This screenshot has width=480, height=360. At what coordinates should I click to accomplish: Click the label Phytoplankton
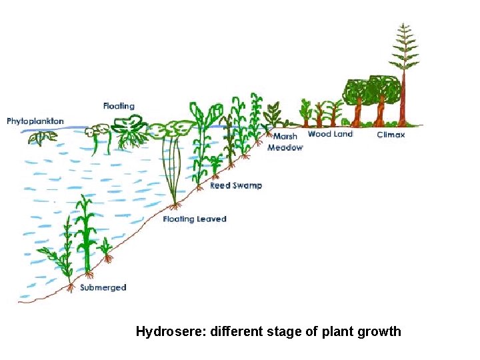click(35, 121)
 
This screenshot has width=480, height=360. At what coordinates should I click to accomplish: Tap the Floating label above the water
click(119, 106)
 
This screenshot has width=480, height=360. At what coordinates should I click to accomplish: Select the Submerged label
click(103, 287)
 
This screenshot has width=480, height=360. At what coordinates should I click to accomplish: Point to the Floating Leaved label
click(195, 219)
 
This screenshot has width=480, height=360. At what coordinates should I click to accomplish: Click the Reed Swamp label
click(236, 185)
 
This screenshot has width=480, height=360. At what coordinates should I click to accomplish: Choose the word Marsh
click(285, 137)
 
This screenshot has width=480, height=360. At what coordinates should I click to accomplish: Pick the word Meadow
click(285, 147)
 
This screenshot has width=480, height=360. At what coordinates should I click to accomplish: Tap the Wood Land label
click(330, 134)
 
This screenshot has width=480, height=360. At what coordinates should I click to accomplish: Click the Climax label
click(391, 135)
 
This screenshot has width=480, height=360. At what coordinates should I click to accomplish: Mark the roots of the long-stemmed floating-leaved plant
click(175, 205)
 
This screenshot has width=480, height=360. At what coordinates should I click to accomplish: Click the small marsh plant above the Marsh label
click(273, 115)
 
